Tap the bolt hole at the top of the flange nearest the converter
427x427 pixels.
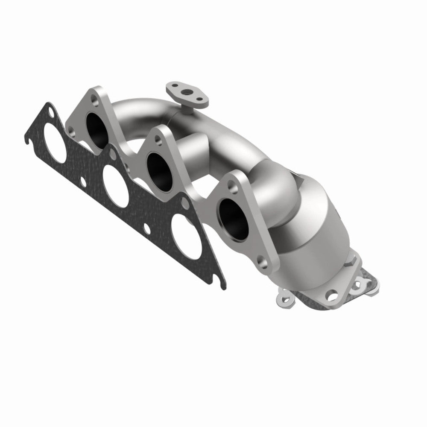(232, 184)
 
